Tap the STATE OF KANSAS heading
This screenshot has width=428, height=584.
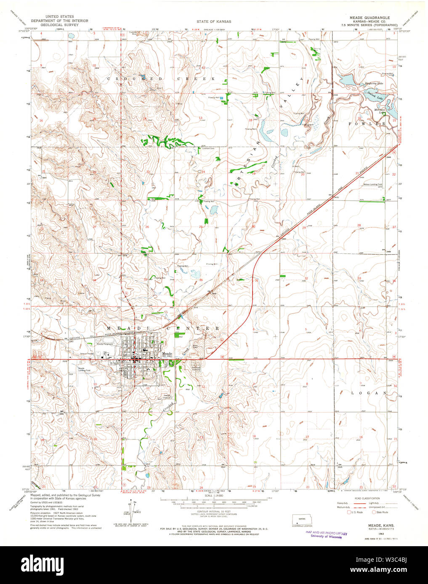tap(214, 21)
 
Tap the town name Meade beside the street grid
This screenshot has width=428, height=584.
tap(167, 354)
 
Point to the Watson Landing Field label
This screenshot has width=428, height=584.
tap(373, 184)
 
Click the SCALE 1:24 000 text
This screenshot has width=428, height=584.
tap(214, 497)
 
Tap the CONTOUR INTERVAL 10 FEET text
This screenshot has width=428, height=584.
tap(214, 511)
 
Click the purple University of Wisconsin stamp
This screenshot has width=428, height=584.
tap(326, 535)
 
